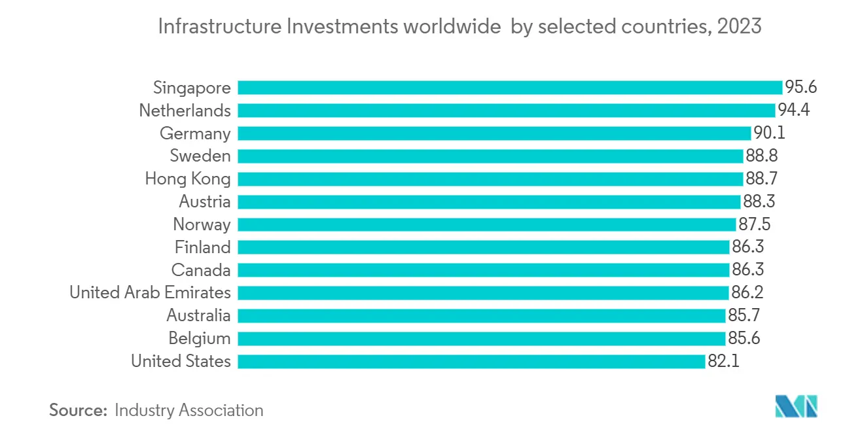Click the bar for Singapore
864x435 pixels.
click(510, 88)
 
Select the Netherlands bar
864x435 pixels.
click(506, 111)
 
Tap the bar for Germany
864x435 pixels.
click(494, 133)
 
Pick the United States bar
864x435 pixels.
click(471, 361)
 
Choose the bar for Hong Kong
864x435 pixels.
click(490, 179)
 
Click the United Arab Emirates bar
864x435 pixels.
click(483, 292)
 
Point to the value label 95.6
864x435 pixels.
click(801, 87)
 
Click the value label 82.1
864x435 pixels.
click(724, 361)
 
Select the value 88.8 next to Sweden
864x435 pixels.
click(761, 156)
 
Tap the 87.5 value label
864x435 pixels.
click(755, 224)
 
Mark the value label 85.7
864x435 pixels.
click(744, 315)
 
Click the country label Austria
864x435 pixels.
click(205, 201)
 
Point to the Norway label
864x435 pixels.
click(202, 224)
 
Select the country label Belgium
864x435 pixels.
click(200, 339)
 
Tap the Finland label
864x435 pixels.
click(202, 247)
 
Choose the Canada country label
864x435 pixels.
click(201, 270)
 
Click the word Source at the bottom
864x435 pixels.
click(78, 410)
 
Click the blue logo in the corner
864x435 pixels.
click(797, 406)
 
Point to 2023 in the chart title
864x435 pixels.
click(740, 27)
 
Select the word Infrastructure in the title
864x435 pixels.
click(220, 27)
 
